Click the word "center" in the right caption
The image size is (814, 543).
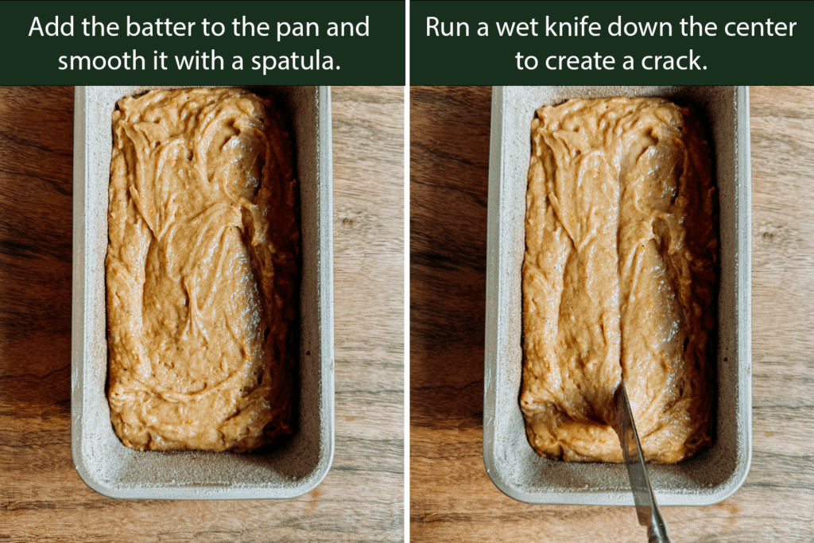pyautogui.click(x=756, y=27)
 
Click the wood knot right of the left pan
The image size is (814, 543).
pyautogui.click(x=350, y=223)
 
